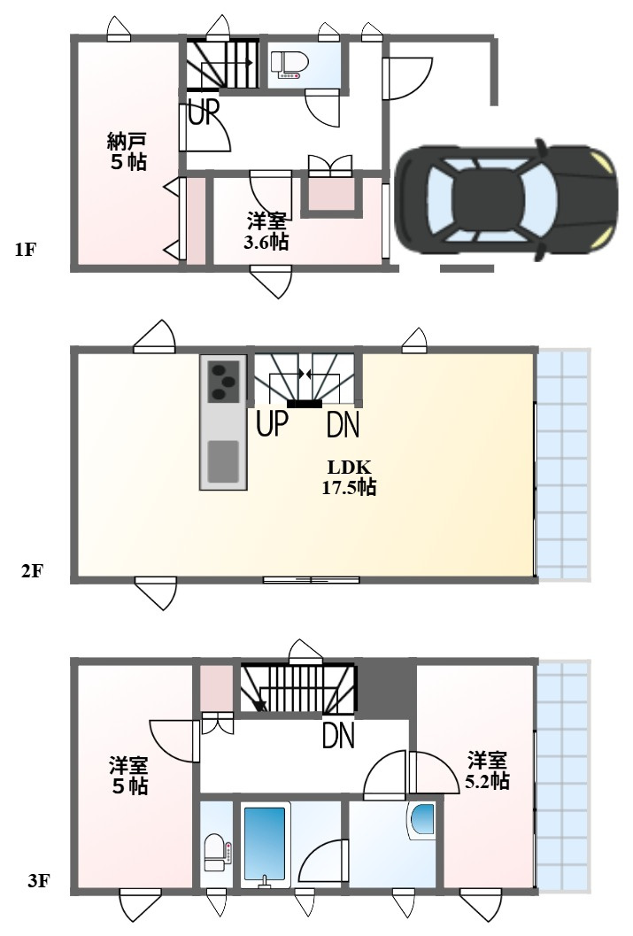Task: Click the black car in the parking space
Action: [506, 200]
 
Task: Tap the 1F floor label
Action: [25, 250]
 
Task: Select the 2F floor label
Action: [32, 571]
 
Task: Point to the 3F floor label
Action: [38, 880]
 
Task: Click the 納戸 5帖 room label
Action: [127, 151]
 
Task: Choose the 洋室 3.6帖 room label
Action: [266, 232]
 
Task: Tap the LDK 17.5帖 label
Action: [349, 477]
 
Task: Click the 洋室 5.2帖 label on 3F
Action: [488, 770]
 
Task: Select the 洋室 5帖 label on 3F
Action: [129, 775]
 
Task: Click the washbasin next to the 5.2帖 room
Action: [421, 820]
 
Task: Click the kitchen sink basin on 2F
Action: [223, 460]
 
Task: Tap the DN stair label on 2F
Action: [343, 425]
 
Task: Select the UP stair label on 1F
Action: [204, 112]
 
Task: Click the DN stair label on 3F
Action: [338, 735]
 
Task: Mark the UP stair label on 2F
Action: [272, 423]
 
